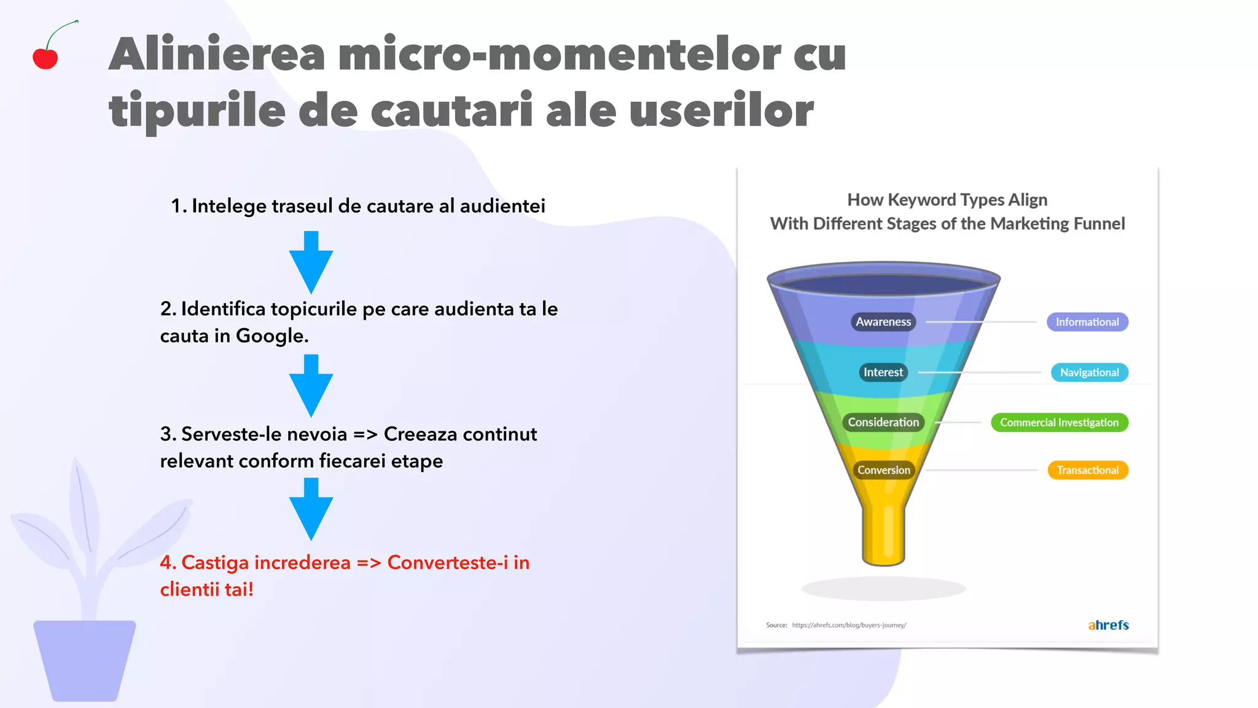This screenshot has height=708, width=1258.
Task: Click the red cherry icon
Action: click(45, 58)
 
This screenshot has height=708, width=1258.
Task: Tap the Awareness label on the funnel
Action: click(883, 321)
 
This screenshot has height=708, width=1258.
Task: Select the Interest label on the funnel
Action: click(883, 372)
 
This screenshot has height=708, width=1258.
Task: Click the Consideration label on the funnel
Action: click(883, 422)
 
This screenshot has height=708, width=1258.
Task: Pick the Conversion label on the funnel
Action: click(883, 470)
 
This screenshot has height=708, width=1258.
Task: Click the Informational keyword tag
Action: click(1087, 322)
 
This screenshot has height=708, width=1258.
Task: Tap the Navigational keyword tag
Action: click(1089, 372)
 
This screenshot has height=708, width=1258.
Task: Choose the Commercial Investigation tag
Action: click(1059, 422)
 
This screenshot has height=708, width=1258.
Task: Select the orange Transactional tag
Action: click(1087, 470)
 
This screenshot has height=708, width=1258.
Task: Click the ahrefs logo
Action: click(1108, 625)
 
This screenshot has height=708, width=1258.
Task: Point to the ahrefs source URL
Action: click(849, 625)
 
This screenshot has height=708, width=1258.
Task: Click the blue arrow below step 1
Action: click(311, 262)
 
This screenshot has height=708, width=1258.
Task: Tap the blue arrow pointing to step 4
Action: click(311, 509)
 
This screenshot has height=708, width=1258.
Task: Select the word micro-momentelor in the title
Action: click(559, 54)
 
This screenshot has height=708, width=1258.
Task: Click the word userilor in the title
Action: click(721, 111)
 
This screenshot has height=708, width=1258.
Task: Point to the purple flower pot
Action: click(85, 660)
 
